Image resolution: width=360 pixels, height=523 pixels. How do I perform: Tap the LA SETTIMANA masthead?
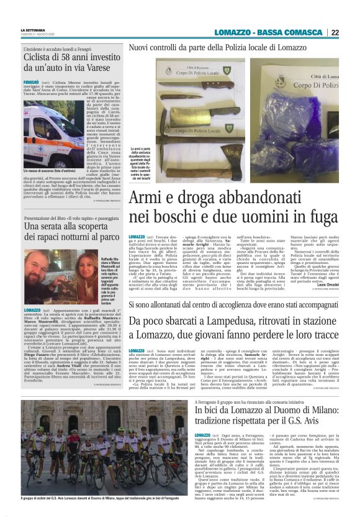tap(32, 29)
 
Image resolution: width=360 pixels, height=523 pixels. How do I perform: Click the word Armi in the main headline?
tap(146, 200)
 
